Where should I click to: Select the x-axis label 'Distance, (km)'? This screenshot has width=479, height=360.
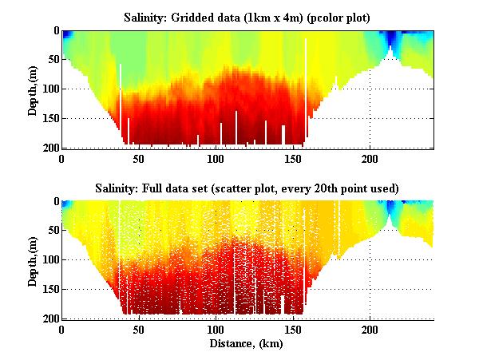click(x=247, y=344)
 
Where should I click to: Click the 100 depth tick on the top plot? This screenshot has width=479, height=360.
click(x=48, y=89)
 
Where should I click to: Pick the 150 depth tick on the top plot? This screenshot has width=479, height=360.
click(x=48, y=118)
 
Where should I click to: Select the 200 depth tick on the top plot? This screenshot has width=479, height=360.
click(x=48, y=148)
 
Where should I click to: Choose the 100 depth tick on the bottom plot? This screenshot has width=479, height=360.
click(x=48, y=260)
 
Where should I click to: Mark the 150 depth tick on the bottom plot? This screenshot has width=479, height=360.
click(x=48, y=289)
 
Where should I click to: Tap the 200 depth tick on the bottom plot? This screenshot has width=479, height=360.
click(x=48, y=318)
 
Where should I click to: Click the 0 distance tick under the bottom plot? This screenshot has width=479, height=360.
click(x=62, y=330)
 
